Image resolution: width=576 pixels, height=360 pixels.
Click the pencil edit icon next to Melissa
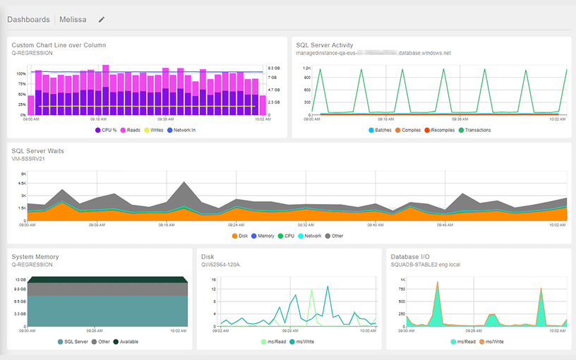[102, 20]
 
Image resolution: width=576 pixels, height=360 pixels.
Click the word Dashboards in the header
[28, 20]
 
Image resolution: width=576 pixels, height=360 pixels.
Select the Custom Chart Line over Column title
[59, 45]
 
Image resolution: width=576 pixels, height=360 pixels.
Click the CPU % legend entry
[107, 130]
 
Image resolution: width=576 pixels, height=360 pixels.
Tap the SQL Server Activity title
[324, 45]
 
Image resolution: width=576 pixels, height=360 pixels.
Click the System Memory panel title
[35, 257]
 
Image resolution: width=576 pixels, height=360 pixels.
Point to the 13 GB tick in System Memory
[20, 280]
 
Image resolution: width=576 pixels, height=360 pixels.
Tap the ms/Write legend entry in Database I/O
[493, 342]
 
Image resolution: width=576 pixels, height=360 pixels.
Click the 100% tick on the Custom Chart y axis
[21, 73]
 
